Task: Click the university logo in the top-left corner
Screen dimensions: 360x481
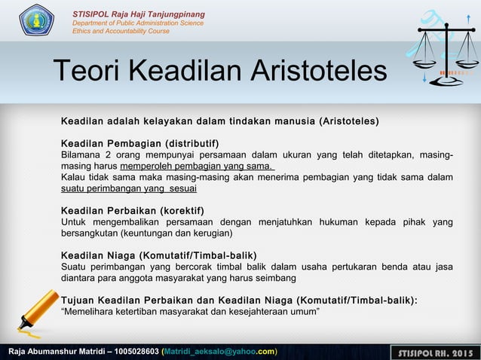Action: [36, 20]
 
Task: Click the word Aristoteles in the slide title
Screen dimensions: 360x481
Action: [316, 72]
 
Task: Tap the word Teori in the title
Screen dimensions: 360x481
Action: [87, 72]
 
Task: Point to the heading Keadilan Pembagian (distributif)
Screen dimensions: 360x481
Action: [139, 143]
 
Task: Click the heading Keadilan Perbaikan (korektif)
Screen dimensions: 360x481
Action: [132, 210]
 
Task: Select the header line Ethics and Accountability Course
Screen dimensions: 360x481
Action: [121, 32]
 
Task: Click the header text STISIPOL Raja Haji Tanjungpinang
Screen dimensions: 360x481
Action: [138, 15]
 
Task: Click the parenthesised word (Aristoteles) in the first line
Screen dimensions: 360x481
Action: [349, 121]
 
